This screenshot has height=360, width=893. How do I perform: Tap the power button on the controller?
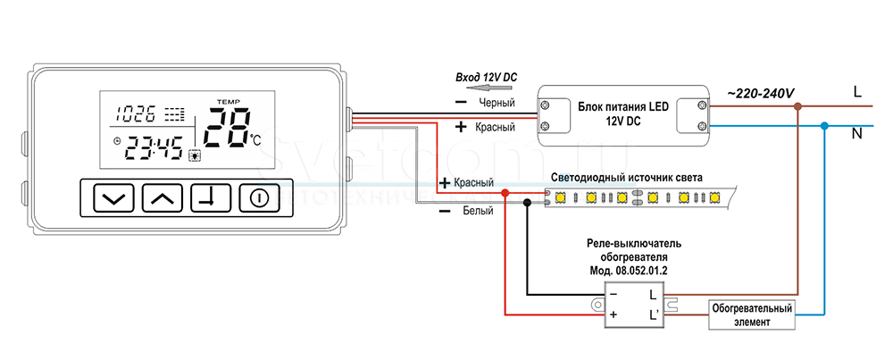pyautogui.click(x=257, y=198)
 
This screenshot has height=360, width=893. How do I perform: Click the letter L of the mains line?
pyautogui.click(x=857, y=91)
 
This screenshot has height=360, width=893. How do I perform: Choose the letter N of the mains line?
pyautogui.click(x=857, y=135)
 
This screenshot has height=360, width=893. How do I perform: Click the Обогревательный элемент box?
pyautogui.click(x=752, y=314)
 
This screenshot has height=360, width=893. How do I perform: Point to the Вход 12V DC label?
pyautogui.click(x=486, y=79)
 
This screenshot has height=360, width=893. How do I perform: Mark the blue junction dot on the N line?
pyautogui.click(x=824, y=126)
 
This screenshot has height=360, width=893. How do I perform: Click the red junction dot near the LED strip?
pyautogui.click(x=505, y=193)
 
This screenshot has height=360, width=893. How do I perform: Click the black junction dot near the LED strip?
pyautogui.click(x=527, y=203)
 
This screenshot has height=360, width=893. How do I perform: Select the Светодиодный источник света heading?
pyautogui.click(x=627, y=178)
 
